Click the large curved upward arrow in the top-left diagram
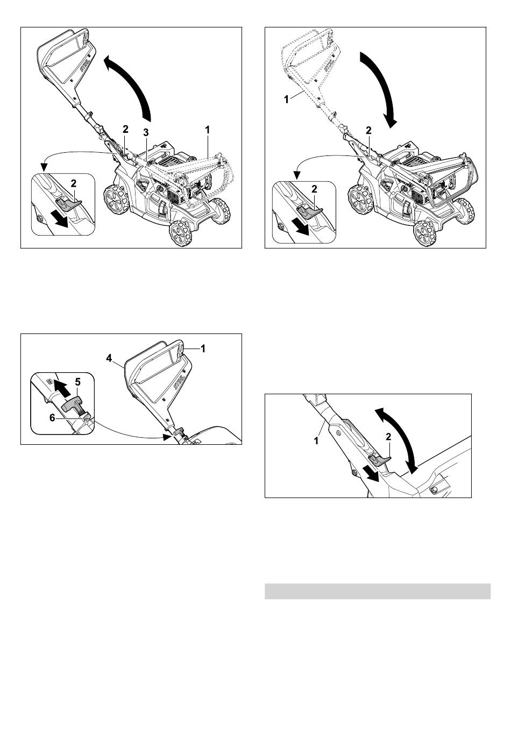tap(132, 84)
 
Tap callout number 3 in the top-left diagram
tap(146, 133)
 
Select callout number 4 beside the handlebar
tap(109, 358)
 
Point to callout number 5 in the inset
tap(77, 382)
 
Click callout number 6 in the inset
tap(52, 418)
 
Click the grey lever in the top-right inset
tap(310, 210)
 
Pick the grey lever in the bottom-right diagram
tap(379, 459)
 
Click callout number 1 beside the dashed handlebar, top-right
tap(286, 99)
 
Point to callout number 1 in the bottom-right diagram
tap(316, 440)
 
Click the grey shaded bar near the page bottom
tap(378, 591)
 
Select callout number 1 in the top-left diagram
tap(207, 130)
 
